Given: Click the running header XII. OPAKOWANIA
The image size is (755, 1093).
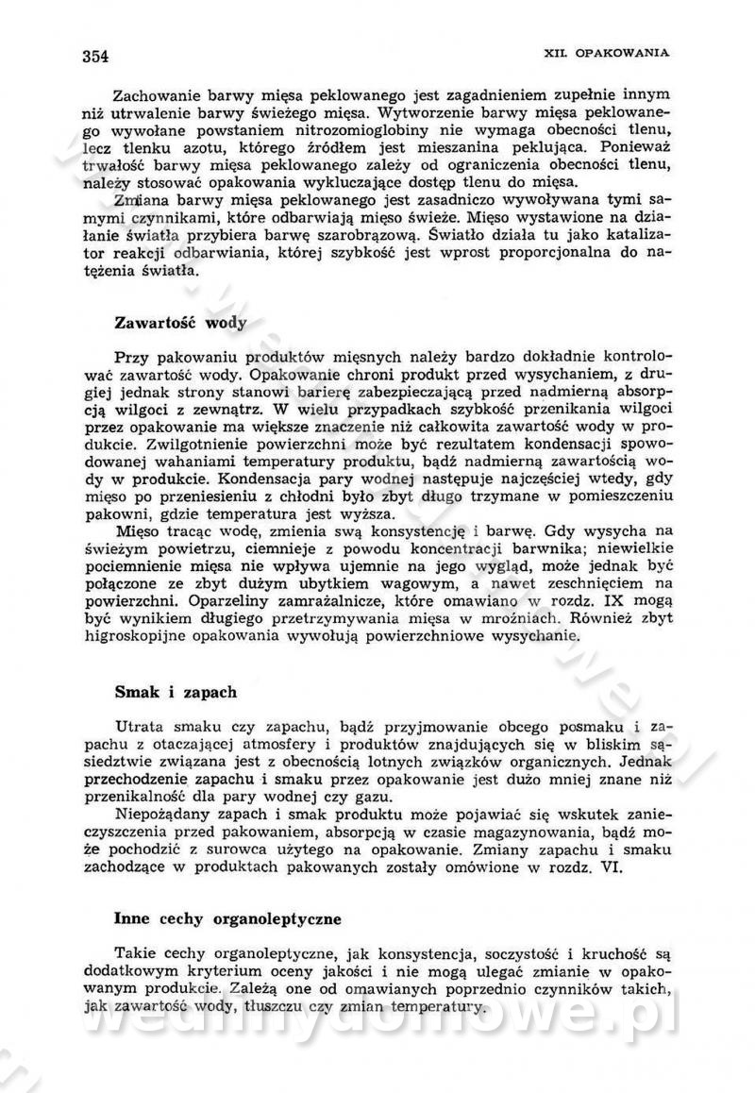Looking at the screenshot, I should (608, 53).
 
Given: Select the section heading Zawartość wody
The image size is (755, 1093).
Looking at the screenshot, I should (180, 323).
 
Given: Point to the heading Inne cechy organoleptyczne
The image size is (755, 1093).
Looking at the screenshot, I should (227, 916).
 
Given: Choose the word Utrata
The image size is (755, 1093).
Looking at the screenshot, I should (140, 725).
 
